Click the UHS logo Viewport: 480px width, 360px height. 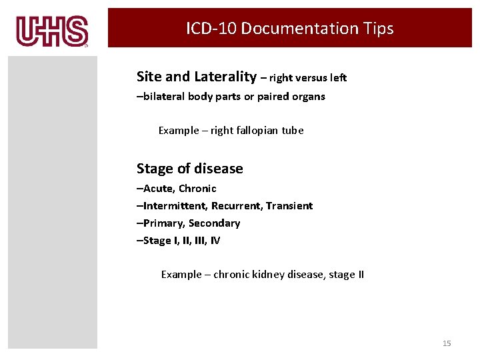point(53,31)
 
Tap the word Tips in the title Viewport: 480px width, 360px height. point(378,29)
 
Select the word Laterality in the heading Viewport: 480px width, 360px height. point(223,77)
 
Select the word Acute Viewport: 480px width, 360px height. point(159,189)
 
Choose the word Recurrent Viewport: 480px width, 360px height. point(238,206)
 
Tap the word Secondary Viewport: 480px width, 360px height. point(215,223)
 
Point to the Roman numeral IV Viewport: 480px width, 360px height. point(215,241)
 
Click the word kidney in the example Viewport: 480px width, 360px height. point(269,275)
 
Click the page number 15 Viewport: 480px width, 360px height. point(447,343)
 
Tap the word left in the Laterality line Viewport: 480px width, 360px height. point(338,78)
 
